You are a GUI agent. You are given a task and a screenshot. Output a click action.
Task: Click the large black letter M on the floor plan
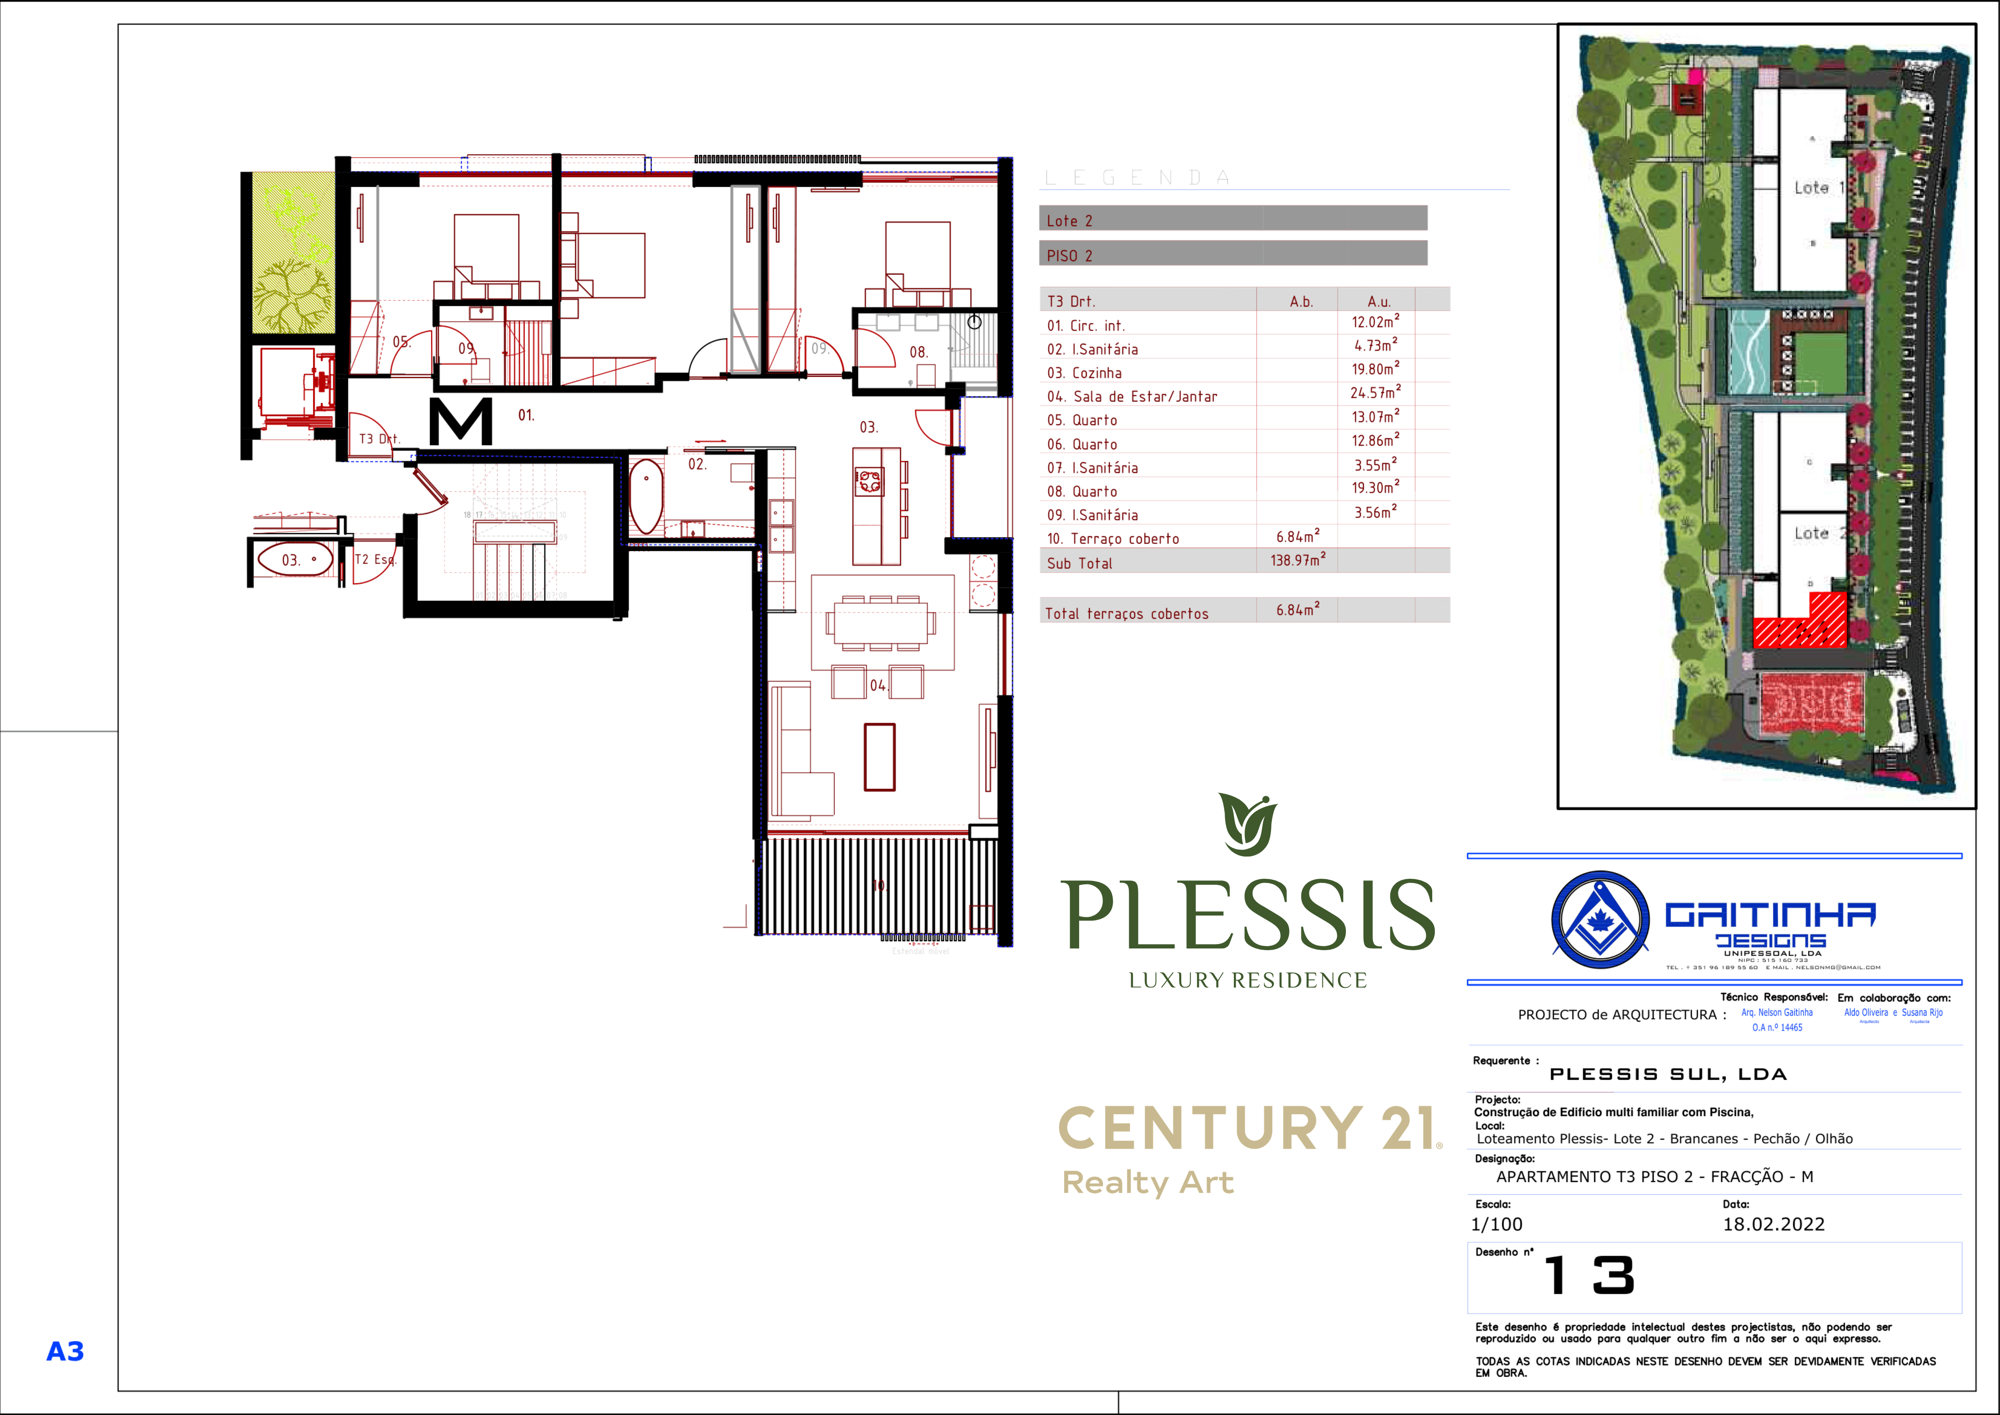click(x=461, y=422)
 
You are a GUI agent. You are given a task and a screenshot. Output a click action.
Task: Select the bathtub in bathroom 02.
click(x=646, y=496)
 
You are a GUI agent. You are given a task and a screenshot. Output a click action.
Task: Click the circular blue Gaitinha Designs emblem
click(x=1600, y=919)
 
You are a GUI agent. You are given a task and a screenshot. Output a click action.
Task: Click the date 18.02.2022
click(x=1773, y=1224)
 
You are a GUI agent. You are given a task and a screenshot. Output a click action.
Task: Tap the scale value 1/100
click(x=1496, y=1224)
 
